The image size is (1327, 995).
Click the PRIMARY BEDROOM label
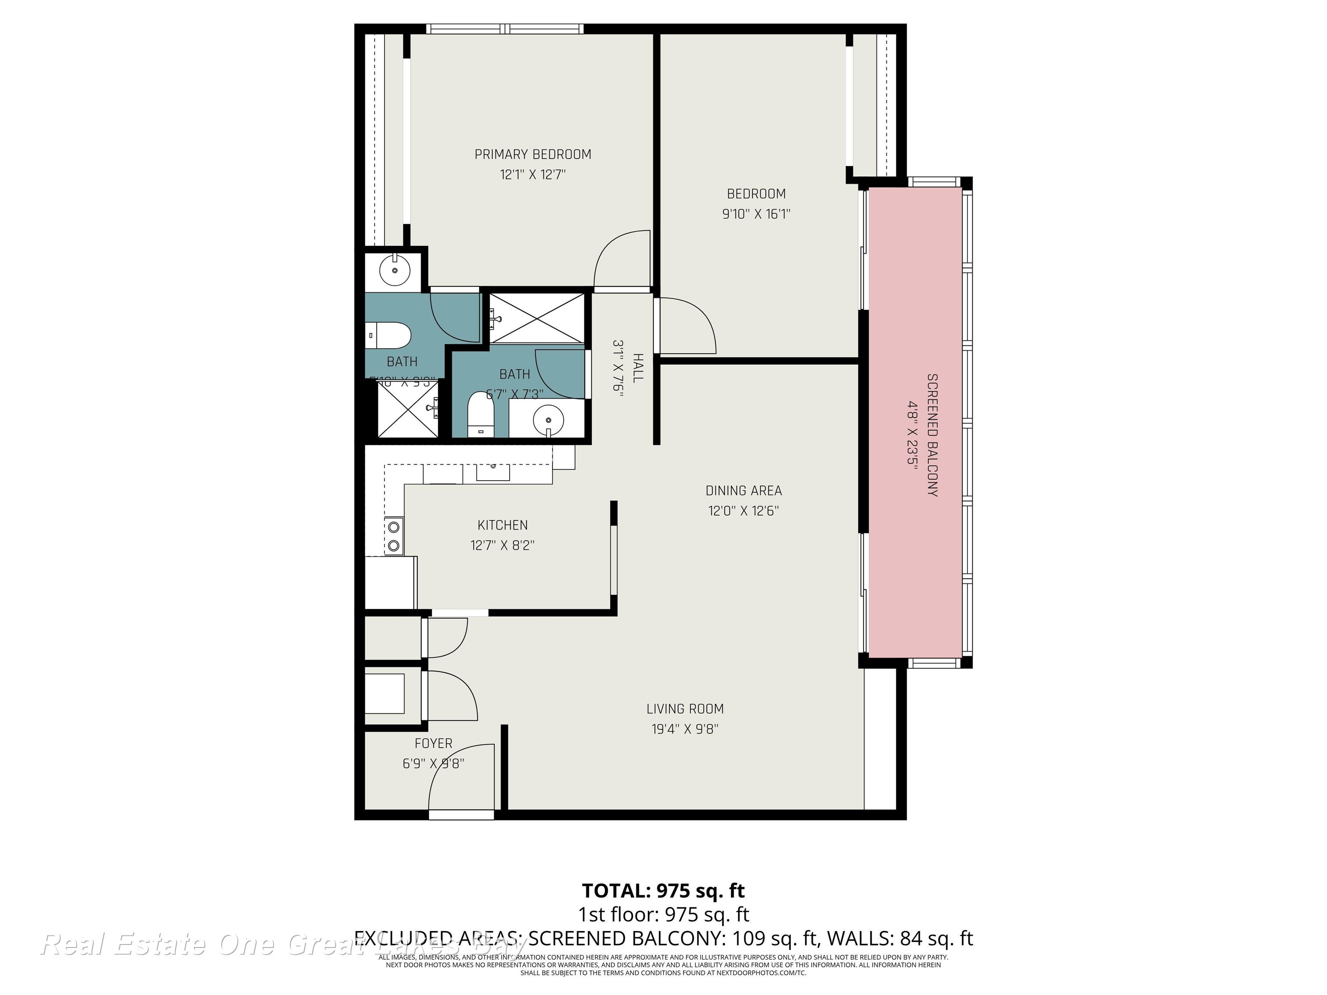pyautogui.click(x=533, y=155)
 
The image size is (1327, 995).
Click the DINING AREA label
pyautogui.click(x=743, y=491)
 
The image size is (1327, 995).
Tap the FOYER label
pyautogui.click(x=433, y=744)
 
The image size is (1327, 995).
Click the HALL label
pyautogui.click(x=638, y=368)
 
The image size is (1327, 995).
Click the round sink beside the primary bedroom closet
pyautogui.click(x=395, y=271)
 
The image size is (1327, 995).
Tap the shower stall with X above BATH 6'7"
pyautogui.click(x=537, y=318)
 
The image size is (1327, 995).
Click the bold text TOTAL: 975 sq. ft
pyautogui.click(x=663, y=890)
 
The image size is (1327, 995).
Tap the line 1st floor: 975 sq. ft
pyautogui.click(x=663, y=915)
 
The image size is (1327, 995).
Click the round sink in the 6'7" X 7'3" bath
pyautogui.click(x=548, y=418)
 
